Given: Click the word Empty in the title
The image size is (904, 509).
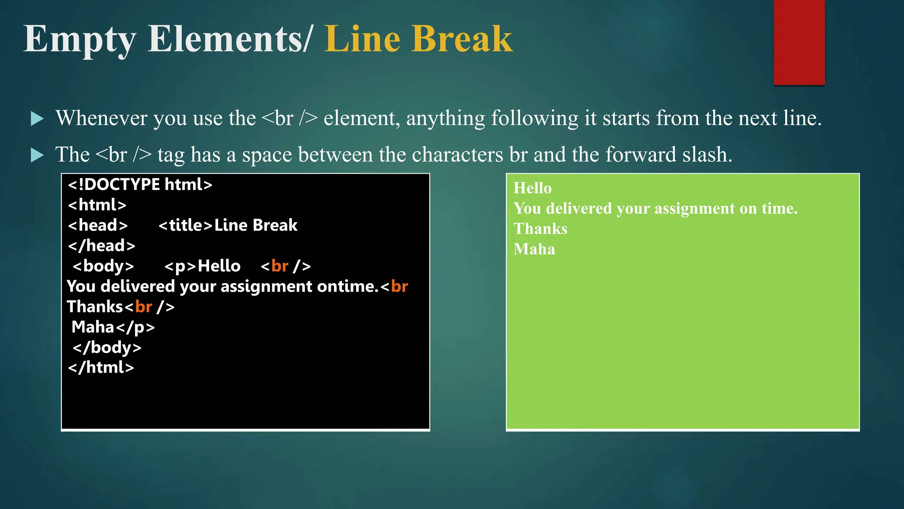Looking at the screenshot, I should pos(79,40).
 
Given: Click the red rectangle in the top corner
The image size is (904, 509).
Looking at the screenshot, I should pos(799,42).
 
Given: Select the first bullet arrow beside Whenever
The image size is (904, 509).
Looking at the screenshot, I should pos(38,118).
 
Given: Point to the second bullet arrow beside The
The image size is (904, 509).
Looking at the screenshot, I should pos(38,155).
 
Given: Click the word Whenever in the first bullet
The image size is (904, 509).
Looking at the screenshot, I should pos(101,118).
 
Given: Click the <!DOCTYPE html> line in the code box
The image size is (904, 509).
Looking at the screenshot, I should pos(140,184).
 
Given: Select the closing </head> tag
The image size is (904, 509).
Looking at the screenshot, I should pos(102,246).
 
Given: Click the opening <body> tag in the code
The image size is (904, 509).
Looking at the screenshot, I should pos(103,266).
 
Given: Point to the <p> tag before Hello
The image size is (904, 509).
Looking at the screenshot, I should pos(180,266).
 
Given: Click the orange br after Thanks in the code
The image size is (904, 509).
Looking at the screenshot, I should pos(143,307).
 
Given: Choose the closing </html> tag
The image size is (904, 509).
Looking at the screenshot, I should pos(101,368).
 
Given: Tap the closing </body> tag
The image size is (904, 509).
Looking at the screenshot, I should pos(107,348).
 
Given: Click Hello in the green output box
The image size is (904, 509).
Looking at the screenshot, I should pos(532,188).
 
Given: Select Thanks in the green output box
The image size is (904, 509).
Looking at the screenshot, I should pos(540,229).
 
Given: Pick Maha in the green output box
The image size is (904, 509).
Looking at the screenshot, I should pos(534,249).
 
